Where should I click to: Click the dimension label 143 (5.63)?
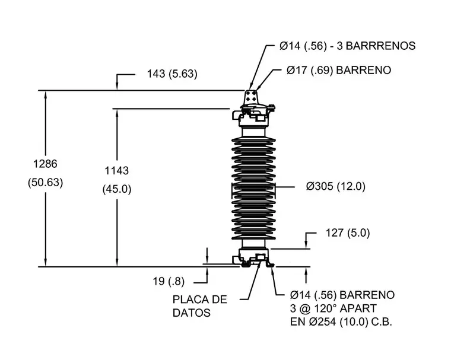click(x=172, y=74)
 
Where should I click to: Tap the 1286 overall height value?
click(x=45, y=164)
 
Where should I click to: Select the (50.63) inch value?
click(x=45, y=182)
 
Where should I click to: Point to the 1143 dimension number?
click(x=116, y=171)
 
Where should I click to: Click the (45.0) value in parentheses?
click(x=117, y=189)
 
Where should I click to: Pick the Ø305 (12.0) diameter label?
click(x=336, y=186)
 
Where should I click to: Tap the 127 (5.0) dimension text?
click(x=348, y=232)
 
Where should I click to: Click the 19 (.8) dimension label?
click(x=169, y=281)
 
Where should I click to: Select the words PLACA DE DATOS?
click(x=200, y=306)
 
